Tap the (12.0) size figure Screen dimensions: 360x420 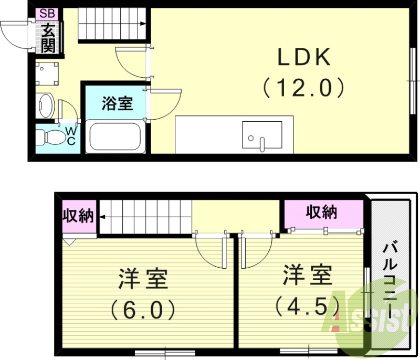[304, 87]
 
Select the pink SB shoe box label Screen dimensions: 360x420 [46, 13]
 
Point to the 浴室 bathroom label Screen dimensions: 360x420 [117, 103]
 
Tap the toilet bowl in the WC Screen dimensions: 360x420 [50, 138]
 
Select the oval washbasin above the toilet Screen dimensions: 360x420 [46, 107]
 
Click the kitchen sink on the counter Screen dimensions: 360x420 [261, 135]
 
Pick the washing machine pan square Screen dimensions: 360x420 [47, 73]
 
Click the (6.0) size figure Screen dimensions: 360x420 [143, 309]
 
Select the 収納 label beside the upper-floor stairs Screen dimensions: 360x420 [79, 216]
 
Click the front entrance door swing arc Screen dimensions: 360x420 [13, 34]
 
